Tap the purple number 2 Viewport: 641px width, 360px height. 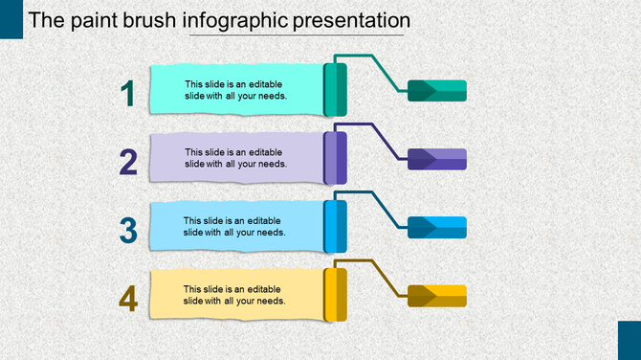128,162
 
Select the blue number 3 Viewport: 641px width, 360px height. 128,230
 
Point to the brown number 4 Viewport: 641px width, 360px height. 128,299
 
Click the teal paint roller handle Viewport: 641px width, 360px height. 437,91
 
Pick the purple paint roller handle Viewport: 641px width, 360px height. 437,160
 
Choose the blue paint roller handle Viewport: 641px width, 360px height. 437,228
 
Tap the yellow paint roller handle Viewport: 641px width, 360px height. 437,297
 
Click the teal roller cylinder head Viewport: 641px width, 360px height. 335,89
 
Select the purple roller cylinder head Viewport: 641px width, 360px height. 335,158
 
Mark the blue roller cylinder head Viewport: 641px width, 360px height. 335,227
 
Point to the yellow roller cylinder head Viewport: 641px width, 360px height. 335,295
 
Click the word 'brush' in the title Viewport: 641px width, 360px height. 144,20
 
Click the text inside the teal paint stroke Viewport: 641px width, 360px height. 235,89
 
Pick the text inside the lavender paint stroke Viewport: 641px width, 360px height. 235,157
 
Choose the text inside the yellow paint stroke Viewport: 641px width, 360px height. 234,295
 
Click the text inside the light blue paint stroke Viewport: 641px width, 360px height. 234,226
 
